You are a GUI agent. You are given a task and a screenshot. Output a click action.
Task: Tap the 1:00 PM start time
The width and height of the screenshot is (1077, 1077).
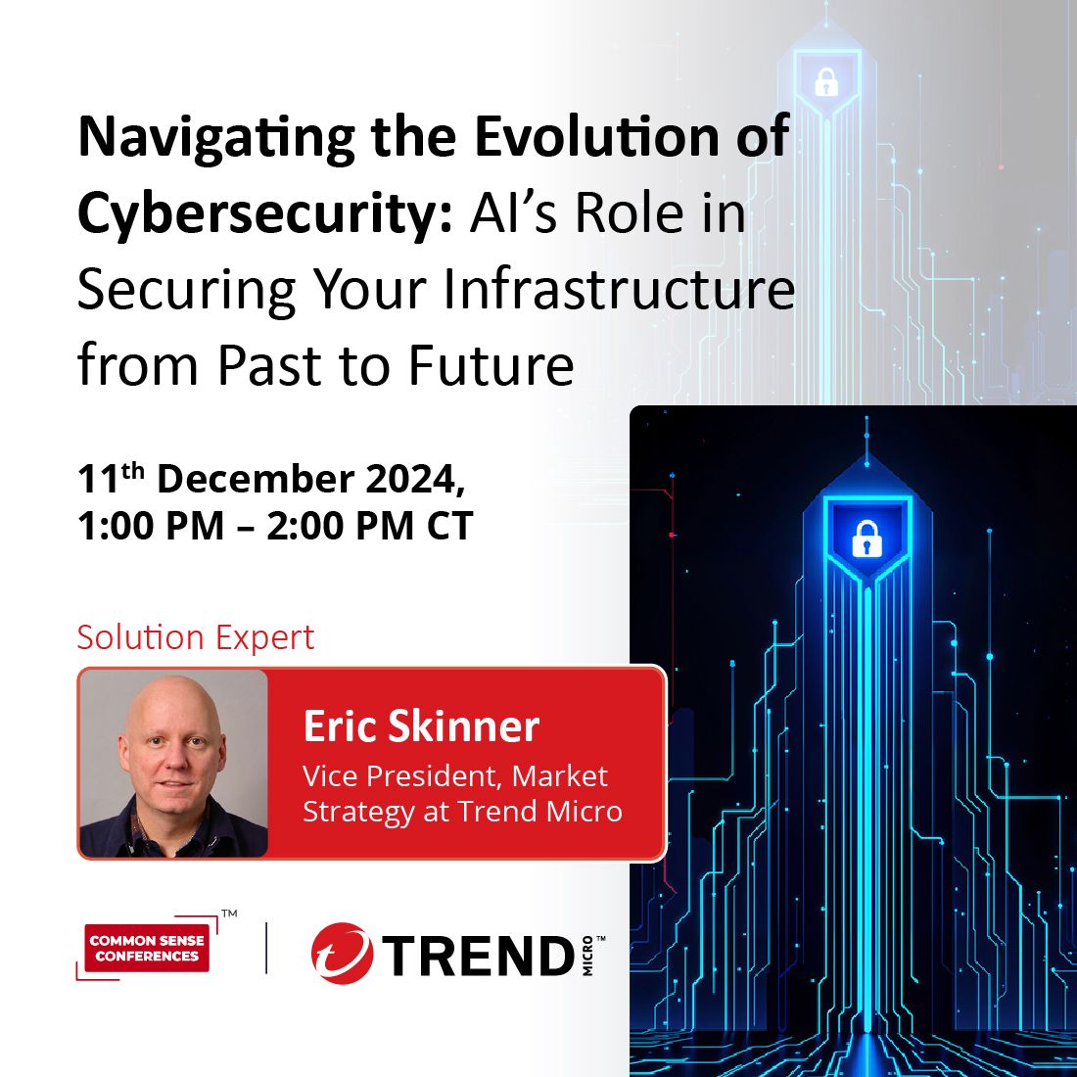coord(151,527)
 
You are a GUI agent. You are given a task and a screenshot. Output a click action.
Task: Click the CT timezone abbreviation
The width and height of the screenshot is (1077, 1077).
coord(449,527)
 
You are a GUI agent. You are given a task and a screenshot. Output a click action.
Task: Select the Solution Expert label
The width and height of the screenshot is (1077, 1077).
coord(196,637)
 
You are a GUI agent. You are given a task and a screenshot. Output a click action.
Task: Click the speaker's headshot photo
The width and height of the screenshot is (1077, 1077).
coord(172,764)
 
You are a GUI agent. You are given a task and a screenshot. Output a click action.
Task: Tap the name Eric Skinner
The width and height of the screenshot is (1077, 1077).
coord(421,726)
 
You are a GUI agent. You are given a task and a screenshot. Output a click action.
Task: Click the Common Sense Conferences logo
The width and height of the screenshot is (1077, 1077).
coord(147,948)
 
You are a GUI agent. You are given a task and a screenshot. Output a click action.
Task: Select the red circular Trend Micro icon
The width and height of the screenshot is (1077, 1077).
coord(342,954)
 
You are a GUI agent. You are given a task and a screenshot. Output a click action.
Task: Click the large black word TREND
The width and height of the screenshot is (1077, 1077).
coord(479,956)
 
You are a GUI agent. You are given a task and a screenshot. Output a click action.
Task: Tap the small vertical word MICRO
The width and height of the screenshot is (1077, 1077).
coord(587,956)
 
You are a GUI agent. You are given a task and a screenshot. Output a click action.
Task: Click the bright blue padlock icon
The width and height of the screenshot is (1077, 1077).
coord(866,538)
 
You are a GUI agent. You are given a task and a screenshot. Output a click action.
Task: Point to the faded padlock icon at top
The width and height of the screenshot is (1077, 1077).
coord(826,82)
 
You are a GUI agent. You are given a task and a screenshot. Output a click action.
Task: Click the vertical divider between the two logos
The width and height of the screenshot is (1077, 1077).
coord(266,948)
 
